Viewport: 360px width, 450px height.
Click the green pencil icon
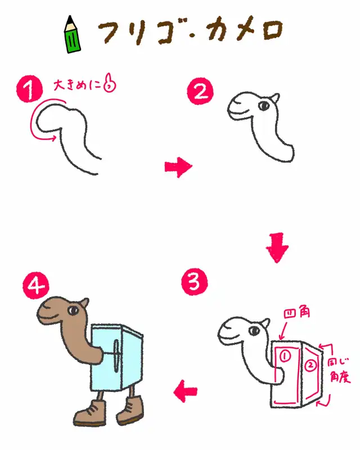point(72,34)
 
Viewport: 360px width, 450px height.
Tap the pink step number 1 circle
point(29,89)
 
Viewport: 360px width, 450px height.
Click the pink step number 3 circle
point(195,282)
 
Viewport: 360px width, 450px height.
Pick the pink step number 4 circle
point(36,285)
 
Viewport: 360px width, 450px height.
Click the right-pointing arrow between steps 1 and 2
point(178,167)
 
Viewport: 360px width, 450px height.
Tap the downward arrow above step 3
point(277,247)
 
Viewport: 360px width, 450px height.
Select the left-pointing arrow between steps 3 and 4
point(186,391)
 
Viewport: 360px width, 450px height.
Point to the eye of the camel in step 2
point(264,106)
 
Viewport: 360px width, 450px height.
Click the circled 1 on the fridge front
point(285,356)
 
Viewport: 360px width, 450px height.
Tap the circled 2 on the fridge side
point(310,366)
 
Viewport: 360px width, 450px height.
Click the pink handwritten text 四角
point(296,313)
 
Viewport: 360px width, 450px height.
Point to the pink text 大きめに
point(77,85)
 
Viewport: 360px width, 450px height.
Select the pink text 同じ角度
point(339,370)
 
